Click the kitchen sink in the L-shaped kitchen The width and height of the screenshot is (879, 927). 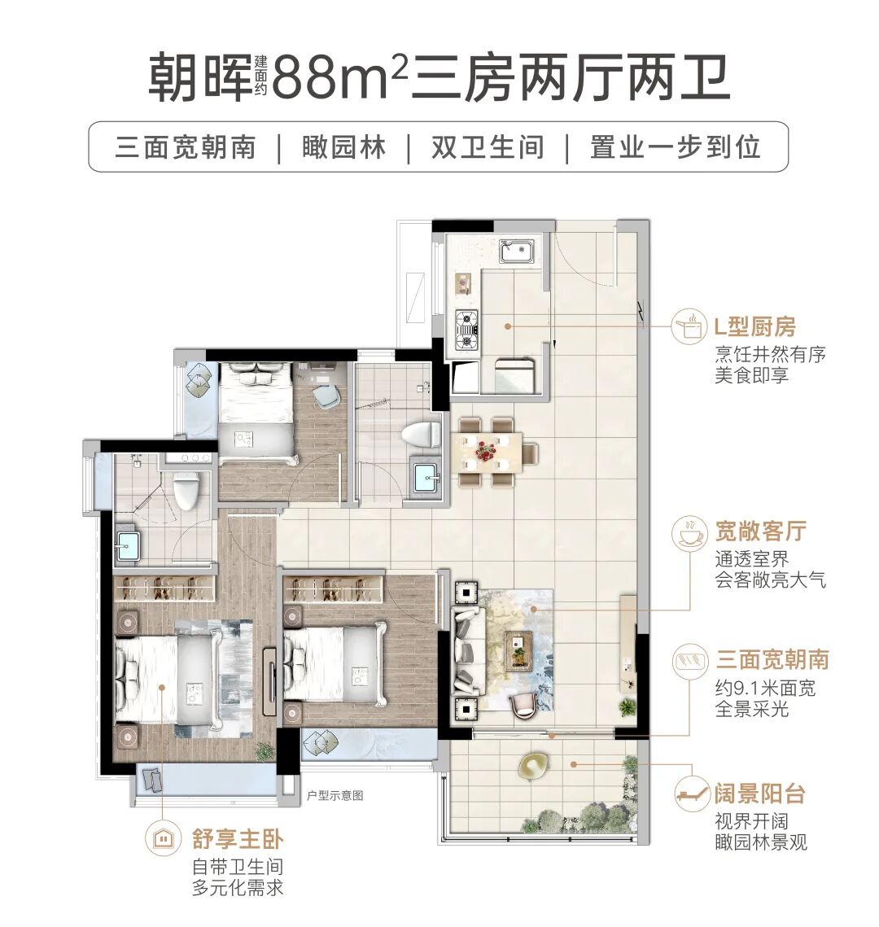pyautogui.click(x=516, y=251)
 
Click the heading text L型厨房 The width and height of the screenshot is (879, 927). pyautogui.click(x=754, y=327)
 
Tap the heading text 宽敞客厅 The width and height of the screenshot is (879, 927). pyautogui.click(x=760, y=531)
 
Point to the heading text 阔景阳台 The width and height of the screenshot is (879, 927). pyautogui.click(x=759, y=794)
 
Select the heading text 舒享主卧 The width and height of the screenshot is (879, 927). pyautogui.click(x=238, y=838)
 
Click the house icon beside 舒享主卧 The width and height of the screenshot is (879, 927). pyautogui.click(x=163, y=838)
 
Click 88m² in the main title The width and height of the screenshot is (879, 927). pyautogui.click(x=339, y=77)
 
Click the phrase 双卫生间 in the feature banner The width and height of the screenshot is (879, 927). pyautogui.click(x=487, y=147)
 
